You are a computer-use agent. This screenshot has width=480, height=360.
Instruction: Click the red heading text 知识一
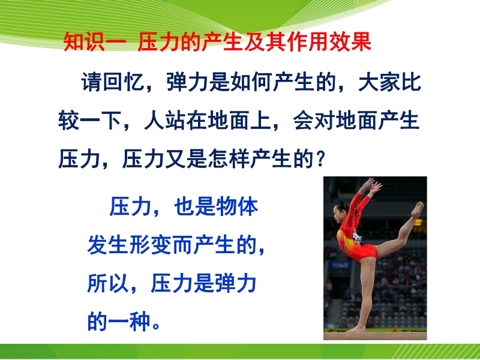pyautogui.click(x=95, y=41)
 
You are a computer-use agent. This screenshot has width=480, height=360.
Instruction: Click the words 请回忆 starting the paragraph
pyautogui.click(x=113, y=82)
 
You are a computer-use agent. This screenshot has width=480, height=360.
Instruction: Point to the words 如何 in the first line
pyautogui.click(x=251, y=82)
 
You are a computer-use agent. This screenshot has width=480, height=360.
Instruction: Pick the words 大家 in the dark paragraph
pyautogui.click(x=379, y=82)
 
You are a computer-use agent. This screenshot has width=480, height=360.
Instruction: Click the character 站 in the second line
pyautogui.click(x=176, y=121)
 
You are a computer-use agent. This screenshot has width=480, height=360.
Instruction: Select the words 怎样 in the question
pyautogui.click(x=229, y=159)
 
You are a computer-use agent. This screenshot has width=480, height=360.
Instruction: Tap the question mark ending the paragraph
pyautogui.click(x=320, y=159)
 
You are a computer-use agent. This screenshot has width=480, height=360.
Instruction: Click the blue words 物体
pyautogui.click(x=237, y=206)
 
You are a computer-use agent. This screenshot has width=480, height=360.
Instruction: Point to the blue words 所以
pyautogui.click(x=108, y=283)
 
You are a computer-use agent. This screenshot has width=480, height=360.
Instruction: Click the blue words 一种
pyautogui.click(x=129, y=322)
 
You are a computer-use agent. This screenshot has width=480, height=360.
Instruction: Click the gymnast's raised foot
pyautogui.click(x=417, y=209)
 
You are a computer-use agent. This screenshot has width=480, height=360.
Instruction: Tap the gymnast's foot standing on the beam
pyautogui.click(x=356, y=329)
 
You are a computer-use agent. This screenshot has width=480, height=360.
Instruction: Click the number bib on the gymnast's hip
pyautogui.click(x=357, y=238)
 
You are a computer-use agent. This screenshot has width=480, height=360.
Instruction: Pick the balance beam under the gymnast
pyautogui.click(x=376, y=336)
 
